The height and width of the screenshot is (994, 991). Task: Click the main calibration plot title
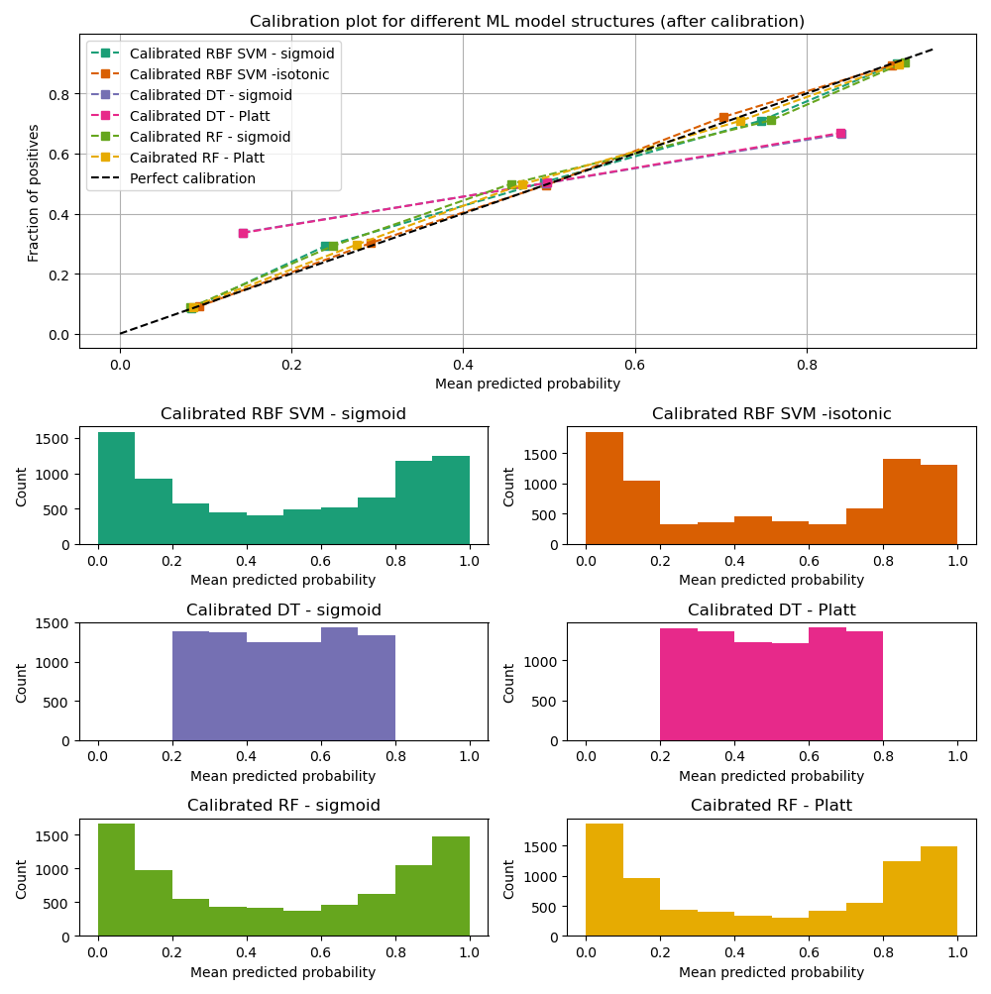[527, 21]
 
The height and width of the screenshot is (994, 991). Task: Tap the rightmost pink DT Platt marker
[840, 134]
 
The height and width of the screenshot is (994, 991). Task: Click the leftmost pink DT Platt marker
[243, 233]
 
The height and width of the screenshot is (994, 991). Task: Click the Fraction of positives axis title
[34, 192]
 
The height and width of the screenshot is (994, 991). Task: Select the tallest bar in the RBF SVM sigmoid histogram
[117, 489]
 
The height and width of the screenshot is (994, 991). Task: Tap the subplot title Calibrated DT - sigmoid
[283, 610]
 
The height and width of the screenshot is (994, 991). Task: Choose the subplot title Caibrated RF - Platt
[771, 806]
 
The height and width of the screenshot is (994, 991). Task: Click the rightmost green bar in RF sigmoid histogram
[451, 886]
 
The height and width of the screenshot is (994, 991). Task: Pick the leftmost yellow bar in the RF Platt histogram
[605, 879]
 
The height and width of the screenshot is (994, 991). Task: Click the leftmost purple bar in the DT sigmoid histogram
[190, 686]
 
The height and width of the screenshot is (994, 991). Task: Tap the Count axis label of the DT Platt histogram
[508, 683]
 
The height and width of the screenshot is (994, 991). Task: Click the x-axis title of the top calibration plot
[527, 385]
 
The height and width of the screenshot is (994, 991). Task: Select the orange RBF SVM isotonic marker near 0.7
[723, 118]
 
